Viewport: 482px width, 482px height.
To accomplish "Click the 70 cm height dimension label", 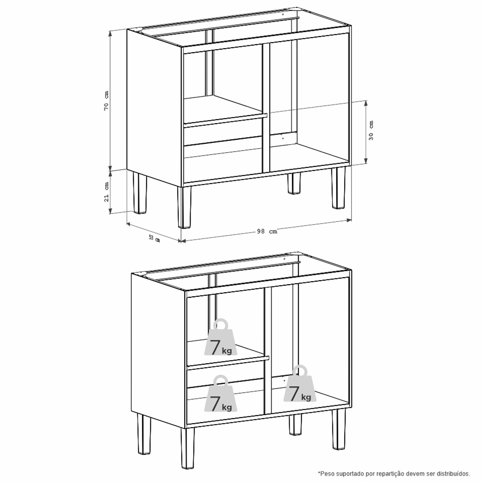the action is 106,100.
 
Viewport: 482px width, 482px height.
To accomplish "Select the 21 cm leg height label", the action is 107,192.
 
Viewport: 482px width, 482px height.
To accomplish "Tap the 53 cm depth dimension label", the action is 154,238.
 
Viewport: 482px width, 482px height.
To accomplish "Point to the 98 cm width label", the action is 267,232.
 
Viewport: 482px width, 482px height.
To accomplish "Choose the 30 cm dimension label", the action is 371,130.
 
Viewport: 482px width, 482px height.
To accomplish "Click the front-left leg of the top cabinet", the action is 184,207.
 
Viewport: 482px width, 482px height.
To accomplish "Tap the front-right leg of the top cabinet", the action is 338,188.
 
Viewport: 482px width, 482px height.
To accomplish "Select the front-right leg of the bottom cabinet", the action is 339,429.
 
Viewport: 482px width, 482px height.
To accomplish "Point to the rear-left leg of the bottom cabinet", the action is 144,434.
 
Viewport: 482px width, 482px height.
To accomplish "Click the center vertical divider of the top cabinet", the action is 266,108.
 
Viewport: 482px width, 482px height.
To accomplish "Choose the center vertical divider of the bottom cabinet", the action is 268,350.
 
